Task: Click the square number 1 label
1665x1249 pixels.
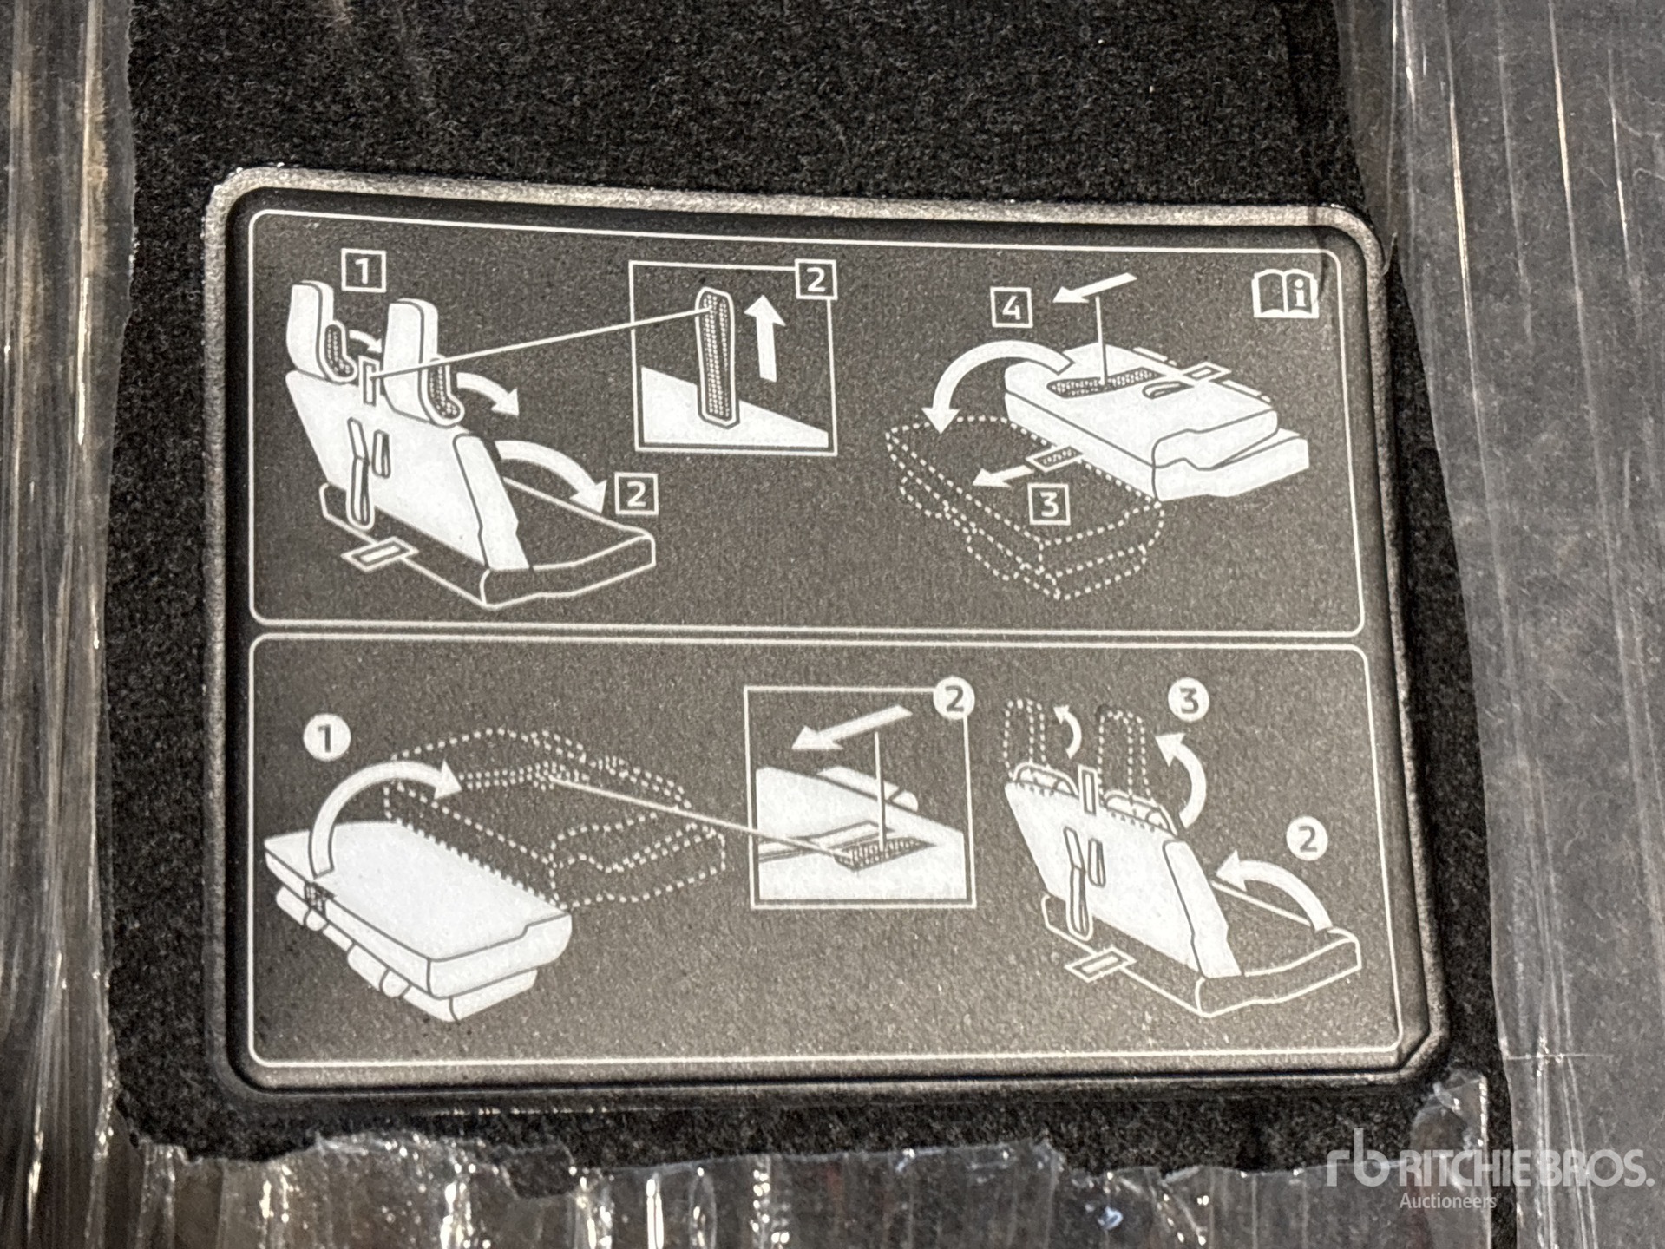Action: pyautogui.click(x=364, y=272)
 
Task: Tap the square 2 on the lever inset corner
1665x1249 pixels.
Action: pyautogui.click(x=813, y=279)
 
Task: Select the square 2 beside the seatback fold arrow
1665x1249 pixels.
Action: pyautogui.click(x=635, y=494)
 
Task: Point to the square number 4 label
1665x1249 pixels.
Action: pyautogui.click(x=1012, y=309)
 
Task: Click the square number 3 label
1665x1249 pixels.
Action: pyautogui.click(x=1049, y=503)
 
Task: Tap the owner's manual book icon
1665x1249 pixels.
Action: pyautogui.click(x=1286, y=295)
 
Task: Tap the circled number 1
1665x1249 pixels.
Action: pyautogui.click(x=331, y=741)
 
